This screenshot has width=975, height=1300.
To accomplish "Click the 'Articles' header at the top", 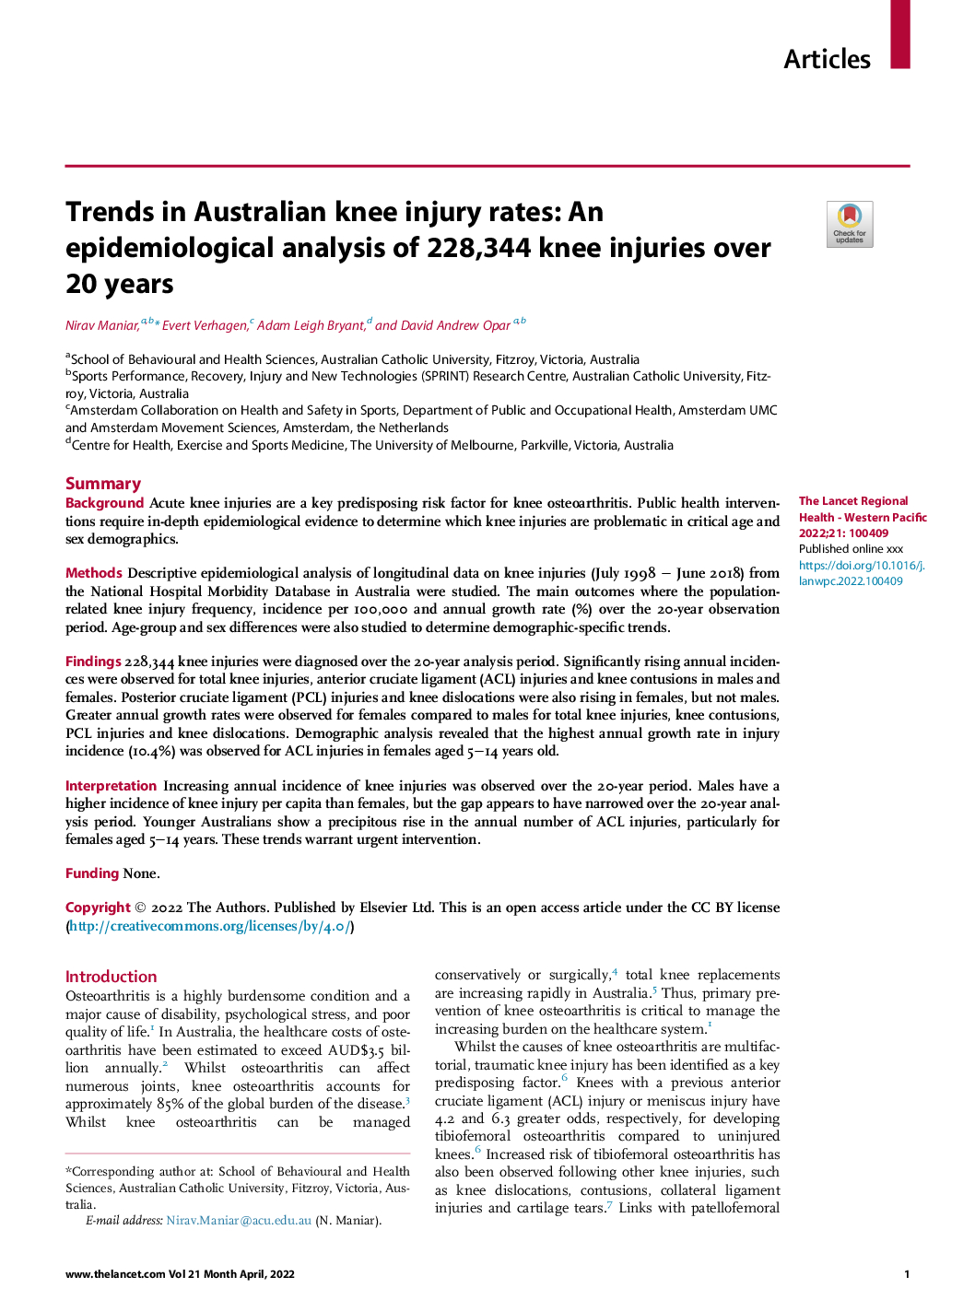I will (x=827, y=59).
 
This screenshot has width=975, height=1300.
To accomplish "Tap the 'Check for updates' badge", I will (x=849, y=225).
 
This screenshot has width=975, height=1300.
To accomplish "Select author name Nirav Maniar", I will (x=102, y=325).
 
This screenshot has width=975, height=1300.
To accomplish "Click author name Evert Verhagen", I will (x=206, y=325).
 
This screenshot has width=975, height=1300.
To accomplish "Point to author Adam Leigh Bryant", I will (x=311, y=325).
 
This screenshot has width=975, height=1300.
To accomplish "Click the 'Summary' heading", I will (x=103, y=484).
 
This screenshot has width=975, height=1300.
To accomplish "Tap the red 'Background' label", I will (x=104, y=503).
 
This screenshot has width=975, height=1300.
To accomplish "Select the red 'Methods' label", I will (x=93, y=573).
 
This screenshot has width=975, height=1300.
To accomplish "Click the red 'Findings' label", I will (x=93, y=662).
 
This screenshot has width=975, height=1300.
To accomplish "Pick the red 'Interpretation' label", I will (x=111, y=786).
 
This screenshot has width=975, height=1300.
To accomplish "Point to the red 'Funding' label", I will (x=92, y=873).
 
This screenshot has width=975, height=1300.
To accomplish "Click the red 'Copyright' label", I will (x=98, y=908).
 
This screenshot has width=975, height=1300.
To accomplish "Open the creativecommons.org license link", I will (x=210, y=926).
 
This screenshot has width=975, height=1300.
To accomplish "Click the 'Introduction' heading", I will (x=111, y=977).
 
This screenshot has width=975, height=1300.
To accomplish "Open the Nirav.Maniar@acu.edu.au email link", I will (x=239, y=1221).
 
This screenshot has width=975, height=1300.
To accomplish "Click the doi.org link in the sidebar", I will (x=862, y=573).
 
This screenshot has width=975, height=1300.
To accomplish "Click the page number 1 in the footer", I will (x=906, y=1274).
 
